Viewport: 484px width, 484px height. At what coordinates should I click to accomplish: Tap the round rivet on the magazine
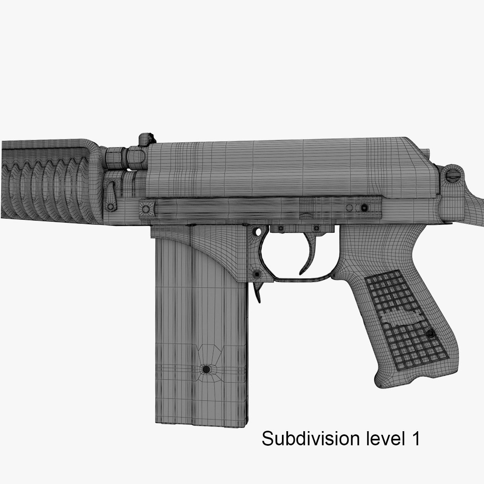point(206,369)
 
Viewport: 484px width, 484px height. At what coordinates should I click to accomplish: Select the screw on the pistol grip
point(431,334)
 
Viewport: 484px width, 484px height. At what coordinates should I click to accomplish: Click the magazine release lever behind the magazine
point(259,291)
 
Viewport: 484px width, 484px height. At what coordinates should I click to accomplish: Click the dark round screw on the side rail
point(365,208)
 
